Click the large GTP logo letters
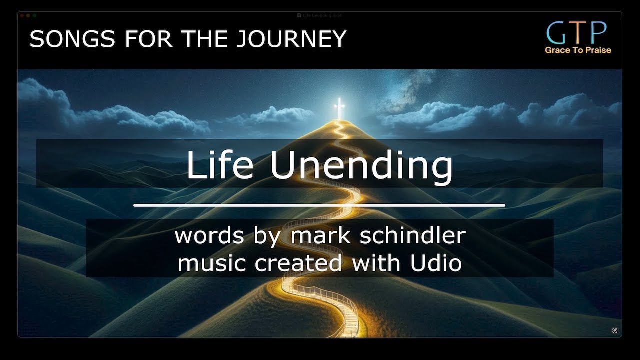coord(577,32)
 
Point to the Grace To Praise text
coord(578,50)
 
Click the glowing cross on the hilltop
coord(340,108)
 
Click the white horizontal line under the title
coord(319,205)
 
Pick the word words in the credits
coord(210,235)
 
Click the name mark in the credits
coord(319,235)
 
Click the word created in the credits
coord(298,263)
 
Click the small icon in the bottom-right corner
coord(615,331)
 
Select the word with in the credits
coord(370,263)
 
